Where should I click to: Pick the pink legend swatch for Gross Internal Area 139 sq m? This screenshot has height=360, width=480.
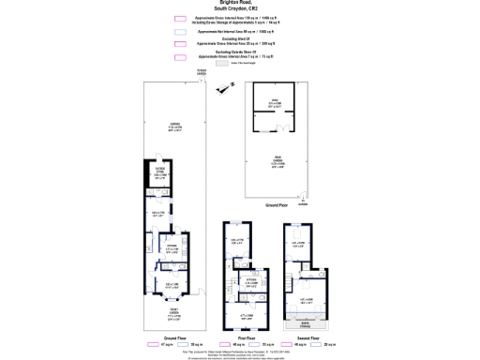click(x=179, y=18)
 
